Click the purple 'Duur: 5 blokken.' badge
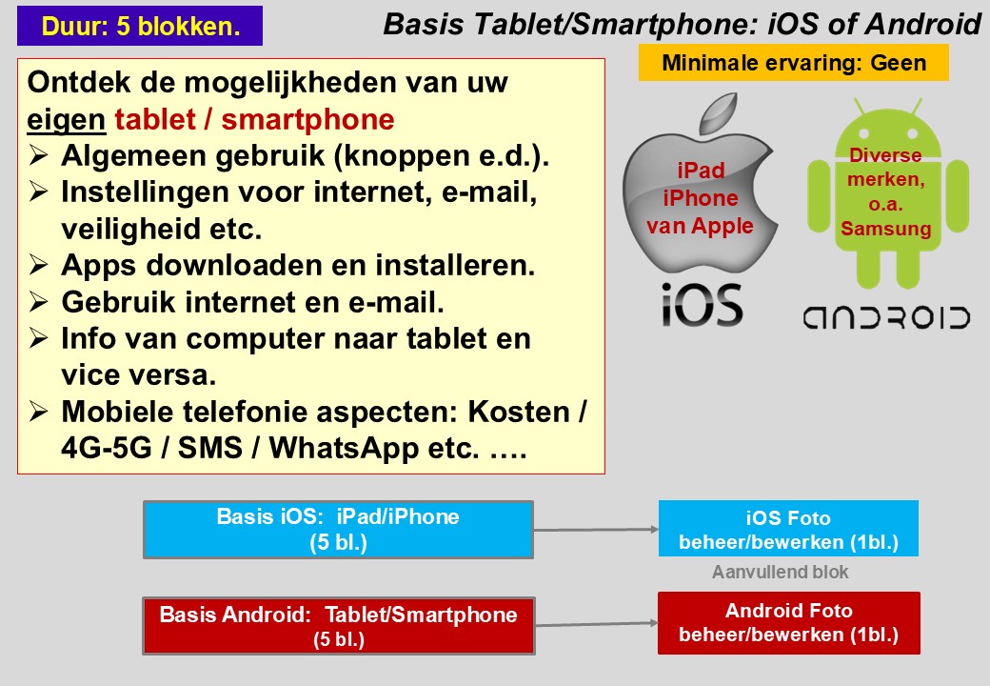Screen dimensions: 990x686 tap(140, 26)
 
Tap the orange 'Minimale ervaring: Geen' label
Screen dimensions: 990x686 tap(794, 63)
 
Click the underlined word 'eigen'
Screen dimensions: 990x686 tap(66, 120)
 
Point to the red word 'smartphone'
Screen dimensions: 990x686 tap(307, 119)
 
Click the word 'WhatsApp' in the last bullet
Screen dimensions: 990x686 tap(343, 448)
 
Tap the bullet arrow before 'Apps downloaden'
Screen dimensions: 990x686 tap(38, 265)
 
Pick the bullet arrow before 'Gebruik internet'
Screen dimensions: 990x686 tap(38, 301)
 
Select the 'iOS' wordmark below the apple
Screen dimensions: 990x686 tap(702, 305)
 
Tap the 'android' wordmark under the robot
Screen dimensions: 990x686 tap(886, 317)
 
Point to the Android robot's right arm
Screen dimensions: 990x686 tap(958, 196)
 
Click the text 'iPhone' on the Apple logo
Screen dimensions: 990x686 tap(701, 198)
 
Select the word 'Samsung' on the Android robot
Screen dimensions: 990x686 tap(886, 229)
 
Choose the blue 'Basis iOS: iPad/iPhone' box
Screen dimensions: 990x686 tap(339, 530)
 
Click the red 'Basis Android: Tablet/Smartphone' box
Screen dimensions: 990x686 tap(339, 625)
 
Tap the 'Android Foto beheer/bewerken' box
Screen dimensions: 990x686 tap(788, 623)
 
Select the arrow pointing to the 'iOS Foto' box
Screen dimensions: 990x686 tap(596, 530)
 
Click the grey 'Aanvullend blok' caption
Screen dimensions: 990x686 tap(781, 572)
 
